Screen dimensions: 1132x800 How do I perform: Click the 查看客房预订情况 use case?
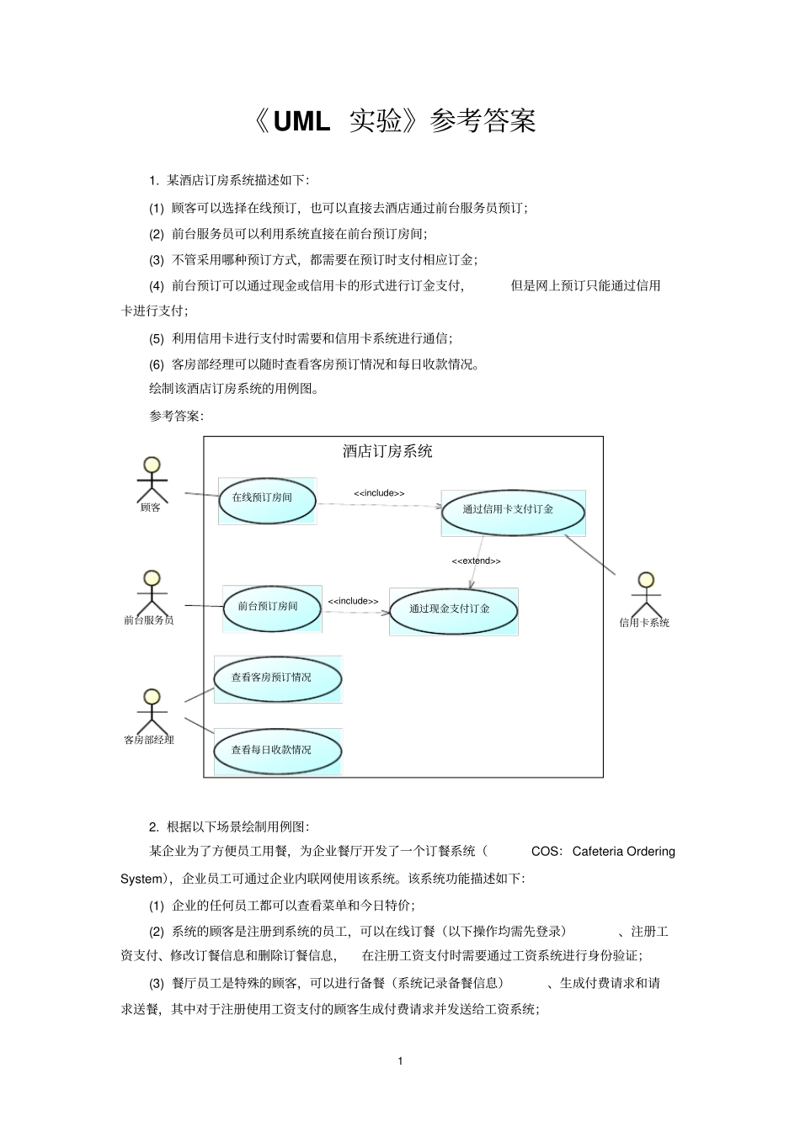click(x=277, y=679)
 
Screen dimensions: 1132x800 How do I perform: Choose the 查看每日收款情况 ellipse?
click(x=277, y=752)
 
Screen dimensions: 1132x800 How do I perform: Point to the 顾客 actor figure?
click(x=152, y=479)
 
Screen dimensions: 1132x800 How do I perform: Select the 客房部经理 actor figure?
click(x=152, y=711)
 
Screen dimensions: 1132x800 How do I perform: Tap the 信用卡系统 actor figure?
click(x=646, y=594)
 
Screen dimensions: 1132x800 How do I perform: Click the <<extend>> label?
click(x=476, y=561)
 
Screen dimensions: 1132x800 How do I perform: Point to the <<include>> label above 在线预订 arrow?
click(x=379, y=493)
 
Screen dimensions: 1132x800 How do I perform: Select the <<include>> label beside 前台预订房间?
click(x=353, y=601)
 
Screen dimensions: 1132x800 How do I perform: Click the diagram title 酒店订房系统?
click(x=387, y=452)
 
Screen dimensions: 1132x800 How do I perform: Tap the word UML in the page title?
click(x=301, y=122)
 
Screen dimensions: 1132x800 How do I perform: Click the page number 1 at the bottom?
click(x=400, y=1061)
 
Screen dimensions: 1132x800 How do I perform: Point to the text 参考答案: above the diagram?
click(x=176, y=416)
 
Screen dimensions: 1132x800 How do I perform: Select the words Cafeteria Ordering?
click(x=623, y=852)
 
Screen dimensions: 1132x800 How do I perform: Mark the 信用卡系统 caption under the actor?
click(x=644, y=624)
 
